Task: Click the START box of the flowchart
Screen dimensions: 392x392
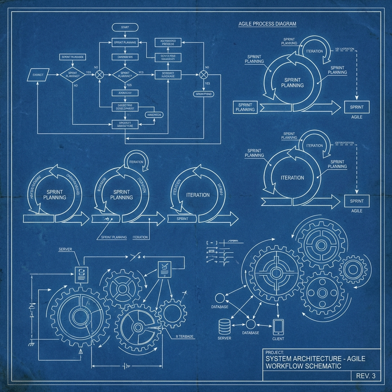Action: [125, 28]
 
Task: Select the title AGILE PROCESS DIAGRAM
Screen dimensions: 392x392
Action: [267, 24]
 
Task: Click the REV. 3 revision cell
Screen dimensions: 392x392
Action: [366, 376]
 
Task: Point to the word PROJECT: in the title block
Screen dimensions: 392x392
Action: [274, 352]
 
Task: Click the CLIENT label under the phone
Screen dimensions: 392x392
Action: [278, 338]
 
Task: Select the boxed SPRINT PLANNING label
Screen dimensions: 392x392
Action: [245, 107]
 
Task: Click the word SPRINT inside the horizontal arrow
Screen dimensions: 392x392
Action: [181, 219]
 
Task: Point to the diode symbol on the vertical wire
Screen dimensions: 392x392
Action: [31, 306]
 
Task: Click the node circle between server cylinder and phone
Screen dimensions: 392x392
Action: [251, 324]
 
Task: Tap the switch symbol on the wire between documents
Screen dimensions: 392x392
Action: [136, 256]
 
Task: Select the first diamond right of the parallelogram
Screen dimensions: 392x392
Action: [72, 75]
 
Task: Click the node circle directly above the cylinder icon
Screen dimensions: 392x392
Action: [220, 298]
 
